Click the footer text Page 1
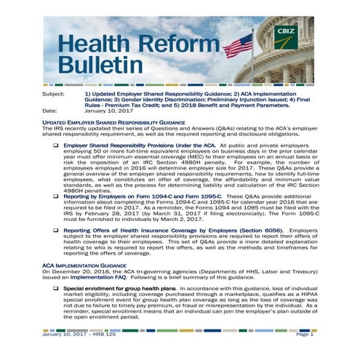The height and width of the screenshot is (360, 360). click(305, 334)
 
